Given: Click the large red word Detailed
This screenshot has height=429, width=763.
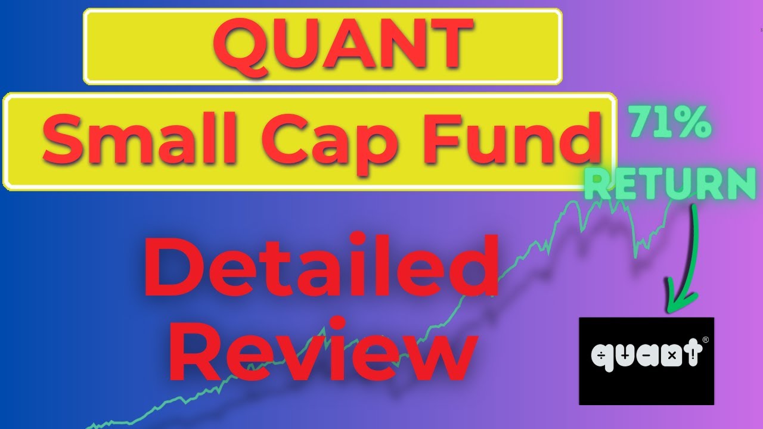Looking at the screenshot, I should (x=320, y=268).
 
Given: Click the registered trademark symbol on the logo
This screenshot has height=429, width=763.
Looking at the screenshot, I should (x=706, y=340).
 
